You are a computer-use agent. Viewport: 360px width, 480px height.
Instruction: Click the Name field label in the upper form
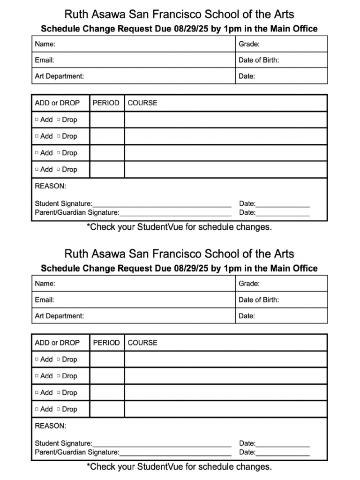pos(45,44)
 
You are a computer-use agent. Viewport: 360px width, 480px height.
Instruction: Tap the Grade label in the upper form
pos(249,44)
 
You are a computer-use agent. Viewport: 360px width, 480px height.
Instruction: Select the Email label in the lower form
pos(45,300)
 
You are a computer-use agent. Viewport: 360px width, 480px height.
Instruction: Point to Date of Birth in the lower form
pos(259,300)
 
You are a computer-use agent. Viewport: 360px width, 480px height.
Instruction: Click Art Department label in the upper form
pos(60,76)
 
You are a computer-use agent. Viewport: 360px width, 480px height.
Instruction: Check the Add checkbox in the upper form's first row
pos(37,120)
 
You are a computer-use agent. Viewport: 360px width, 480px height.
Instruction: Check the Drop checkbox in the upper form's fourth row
pos(59,169)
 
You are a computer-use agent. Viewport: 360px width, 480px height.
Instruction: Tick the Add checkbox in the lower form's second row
pos(37,376)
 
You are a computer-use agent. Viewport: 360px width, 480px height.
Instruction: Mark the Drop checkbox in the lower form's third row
pos(59,392)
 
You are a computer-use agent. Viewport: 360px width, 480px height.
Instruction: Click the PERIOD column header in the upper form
pos(106,103)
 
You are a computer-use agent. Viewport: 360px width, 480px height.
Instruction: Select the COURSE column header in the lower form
pos(142,343)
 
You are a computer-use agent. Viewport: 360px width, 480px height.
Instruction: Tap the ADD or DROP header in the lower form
pos(57,343)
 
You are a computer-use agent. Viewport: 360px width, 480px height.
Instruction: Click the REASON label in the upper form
pos(51,186)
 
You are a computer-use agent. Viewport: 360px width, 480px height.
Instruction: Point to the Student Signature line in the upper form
pos(162,204)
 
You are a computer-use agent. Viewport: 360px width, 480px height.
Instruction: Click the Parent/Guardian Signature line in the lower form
pos(175,453)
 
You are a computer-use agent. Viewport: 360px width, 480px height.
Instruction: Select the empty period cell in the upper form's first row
pos(107,120)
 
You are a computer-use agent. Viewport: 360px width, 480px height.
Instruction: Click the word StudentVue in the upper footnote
pos(158,227)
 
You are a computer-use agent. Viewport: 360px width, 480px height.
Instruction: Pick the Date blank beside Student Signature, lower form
pos(283,444)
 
